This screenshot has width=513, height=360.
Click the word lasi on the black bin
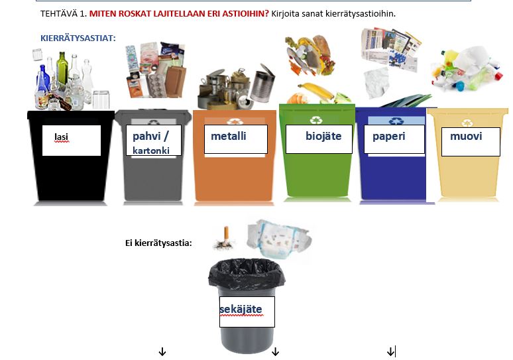pyautogui.click(x=61, y=137)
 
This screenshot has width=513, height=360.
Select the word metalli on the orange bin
pyautogui.click(x=229, y=136)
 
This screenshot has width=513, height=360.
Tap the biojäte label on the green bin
pyautogui.click(x=323, y=136)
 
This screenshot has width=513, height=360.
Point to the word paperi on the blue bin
pyautogui.click(x=388, y=136)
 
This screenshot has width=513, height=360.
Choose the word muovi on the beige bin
pyautogui.click(x=466, y=136)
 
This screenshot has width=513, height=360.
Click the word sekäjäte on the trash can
pyautogui.click(x=241, y=309)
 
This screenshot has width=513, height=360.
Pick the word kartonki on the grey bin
pyautogui.click(x=151, y=150)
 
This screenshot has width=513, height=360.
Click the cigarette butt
pyautogui.click(x=225, y=238)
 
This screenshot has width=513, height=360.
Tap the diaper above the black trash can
pyautogui.click(x=278, y=238)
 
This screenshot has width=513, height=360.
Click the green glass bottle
pyautogui.click(x=62, y=68)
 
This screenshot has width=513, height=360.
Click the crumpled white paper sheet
pyautogui.click(x=376, y=83)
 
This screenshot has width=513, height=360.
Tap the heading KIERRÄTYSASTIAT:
pyautogui.click(x=78, y=38)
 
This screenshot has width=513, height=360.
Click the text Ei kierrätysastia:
pyautogui.click(x=158, y=243)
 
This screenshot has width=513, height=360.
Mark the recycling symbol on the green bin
pyautogui.click(x=316, y=121)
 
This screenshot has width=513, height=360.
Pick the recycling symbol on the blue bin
pyautogui.click(x=396, y=121)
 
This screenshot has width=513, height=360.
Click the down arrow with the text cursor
pyautogui.click(x=390, y=352)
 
